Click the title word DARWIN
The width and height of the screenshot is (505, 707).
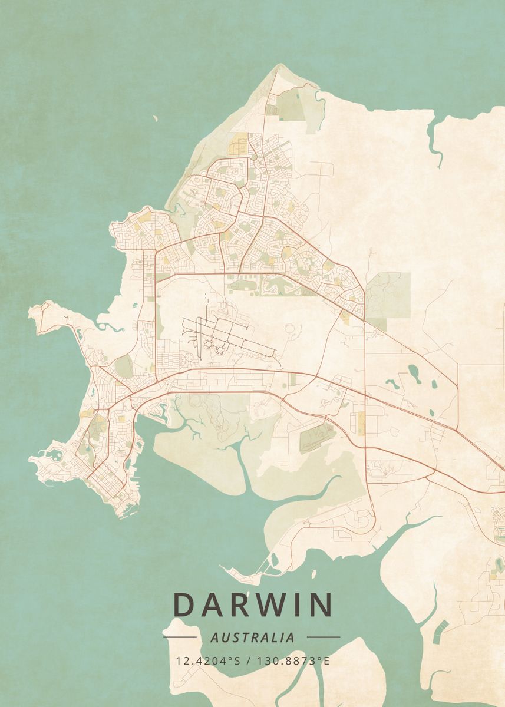click(253, 604)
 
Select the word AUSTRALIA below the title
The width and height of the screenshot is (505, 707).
click(252, 637)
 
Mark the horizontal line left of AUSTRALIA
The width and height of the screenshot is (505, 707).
click(180, 637)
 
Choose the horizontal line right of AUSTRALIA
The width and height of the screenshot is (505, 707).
click(324, 637)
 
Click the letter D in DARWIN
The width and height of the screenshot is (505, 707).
click(184, 604)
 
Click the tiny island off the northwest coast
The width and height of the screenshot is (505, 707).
click(156, 119)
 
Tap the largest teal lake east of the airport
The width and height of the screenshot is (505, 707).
click(414, 372)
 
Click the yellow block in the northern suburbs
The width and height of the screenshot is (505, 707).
click(240, 142)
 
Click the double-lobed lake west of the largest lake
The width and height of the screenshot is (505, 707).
click(392, 384)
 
